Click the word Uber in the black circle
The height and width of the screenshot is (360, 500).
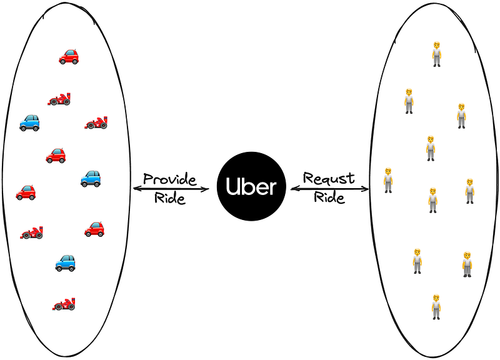[250, 186]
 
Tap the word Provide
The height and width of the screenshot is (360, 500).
[169, 179]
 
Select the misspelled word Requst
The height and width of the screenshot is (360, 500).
[329, 179]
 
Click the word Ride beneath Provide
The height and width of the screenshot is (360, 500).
[170, 199]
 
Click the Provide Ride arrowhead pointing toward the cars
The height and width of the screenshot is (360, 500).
[136, 188]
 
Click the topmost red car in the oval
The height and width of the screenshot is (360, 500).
[69, 57]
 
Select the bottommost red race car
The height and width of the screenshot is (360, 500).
[64, 305]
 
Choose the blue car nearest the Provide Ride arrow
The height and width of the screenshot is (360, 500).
[91, 179]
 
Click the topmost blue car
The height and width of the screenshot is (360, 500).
[29, 122]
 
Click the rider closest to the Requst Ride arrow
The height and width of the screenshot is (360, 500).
[388, 180]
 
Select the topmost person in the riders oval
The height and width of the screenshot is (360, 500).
[437, 54]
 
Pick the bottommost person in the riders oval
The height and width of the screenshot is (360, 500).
[436, 306]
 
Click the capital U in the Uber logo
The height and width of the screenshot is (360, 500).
[230, 186]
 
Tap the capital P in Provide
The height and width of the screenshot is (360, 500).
[147, 179]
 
